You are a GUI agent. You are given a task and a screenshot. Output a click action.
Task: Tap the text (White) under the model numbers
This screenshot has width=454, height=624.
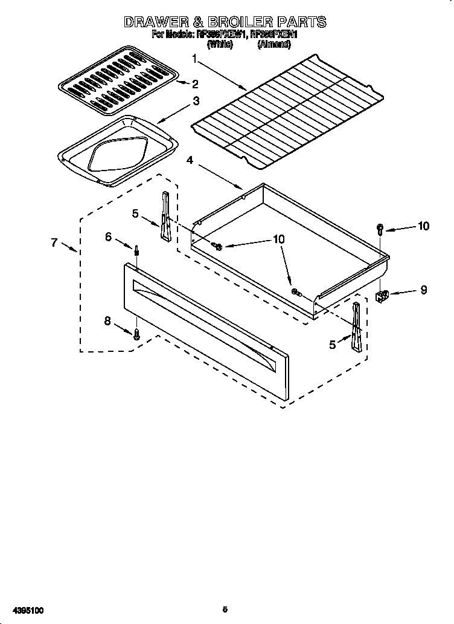click(220, 45)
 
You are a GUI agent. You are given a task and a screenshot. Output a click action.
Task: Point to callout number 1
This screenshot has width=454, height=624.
click(194, 59)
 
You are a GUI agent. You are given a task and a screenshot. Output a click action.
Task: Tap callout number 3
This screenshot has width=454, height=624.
click(196, 102)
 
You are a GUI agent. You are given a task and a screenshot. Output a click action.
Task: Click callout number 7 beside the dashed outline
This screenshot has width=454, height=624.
click(54, 242)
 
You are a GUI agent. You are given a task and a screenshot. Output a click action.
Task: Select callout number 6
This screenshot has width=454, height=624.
click(109, 237)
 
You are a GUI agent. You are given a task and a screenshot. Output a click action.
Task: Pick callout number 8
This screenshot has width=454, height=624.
click(108, 322)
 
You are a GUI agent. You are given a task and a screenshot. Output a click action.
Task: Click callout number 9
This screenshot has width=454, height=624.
click(423, 290)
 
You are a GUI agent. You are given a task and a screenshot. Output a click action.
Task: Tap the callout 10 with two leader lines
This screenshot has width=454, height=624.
click(278, 239)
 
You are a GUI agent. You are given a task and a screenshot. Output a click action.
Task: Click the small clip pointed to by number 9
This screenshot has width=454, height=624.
click(382, 295)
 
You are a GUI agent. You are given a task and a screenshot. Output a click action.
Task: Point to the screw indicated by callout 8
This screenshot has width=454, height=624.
click(137, 333)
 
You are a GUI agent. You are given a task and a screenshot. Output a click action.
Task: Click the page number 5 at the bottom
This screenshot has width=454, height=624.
click(225, 610)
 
